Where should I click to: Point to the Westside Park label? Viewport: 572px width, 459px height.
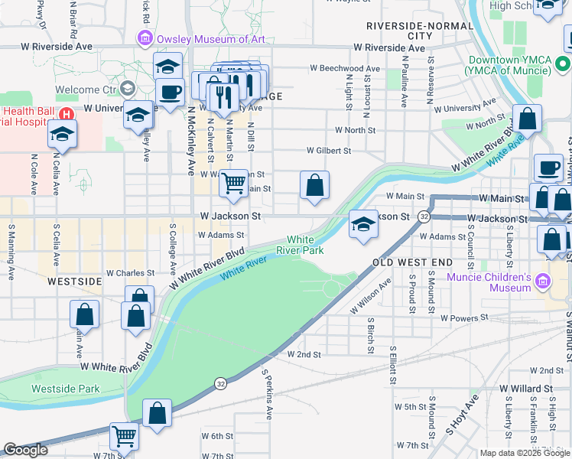click(65, 389)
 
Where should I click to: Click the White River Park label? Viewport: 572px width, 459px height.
click(306, 245)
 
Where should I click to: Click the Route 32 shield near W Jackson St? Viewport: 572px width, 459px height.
click(423, 217)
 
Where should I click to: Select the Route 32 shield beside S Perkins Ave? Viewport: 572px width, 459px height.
click(220, 382)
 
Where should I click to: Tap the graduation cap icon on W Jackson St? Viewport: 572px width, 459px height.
click(364, 223)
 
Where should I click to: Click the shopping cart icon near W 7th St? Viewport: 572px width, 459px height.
click(124, 436)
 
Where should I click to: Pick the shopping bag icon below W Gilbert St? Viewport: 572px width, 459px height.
click(314, 184)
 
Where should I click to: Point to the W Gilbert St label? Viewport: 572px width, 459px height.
click(329, 151)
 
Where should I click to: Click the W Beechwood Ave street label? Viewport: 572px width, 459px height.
click(345, 68)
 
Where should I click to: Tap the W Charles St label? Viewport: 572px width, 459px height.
click(130, 272)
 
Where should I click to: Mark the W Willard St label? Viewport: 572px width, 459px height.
click(526, 389)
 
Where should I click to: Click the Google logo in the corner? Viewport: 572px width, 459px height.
click(25, 450)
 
